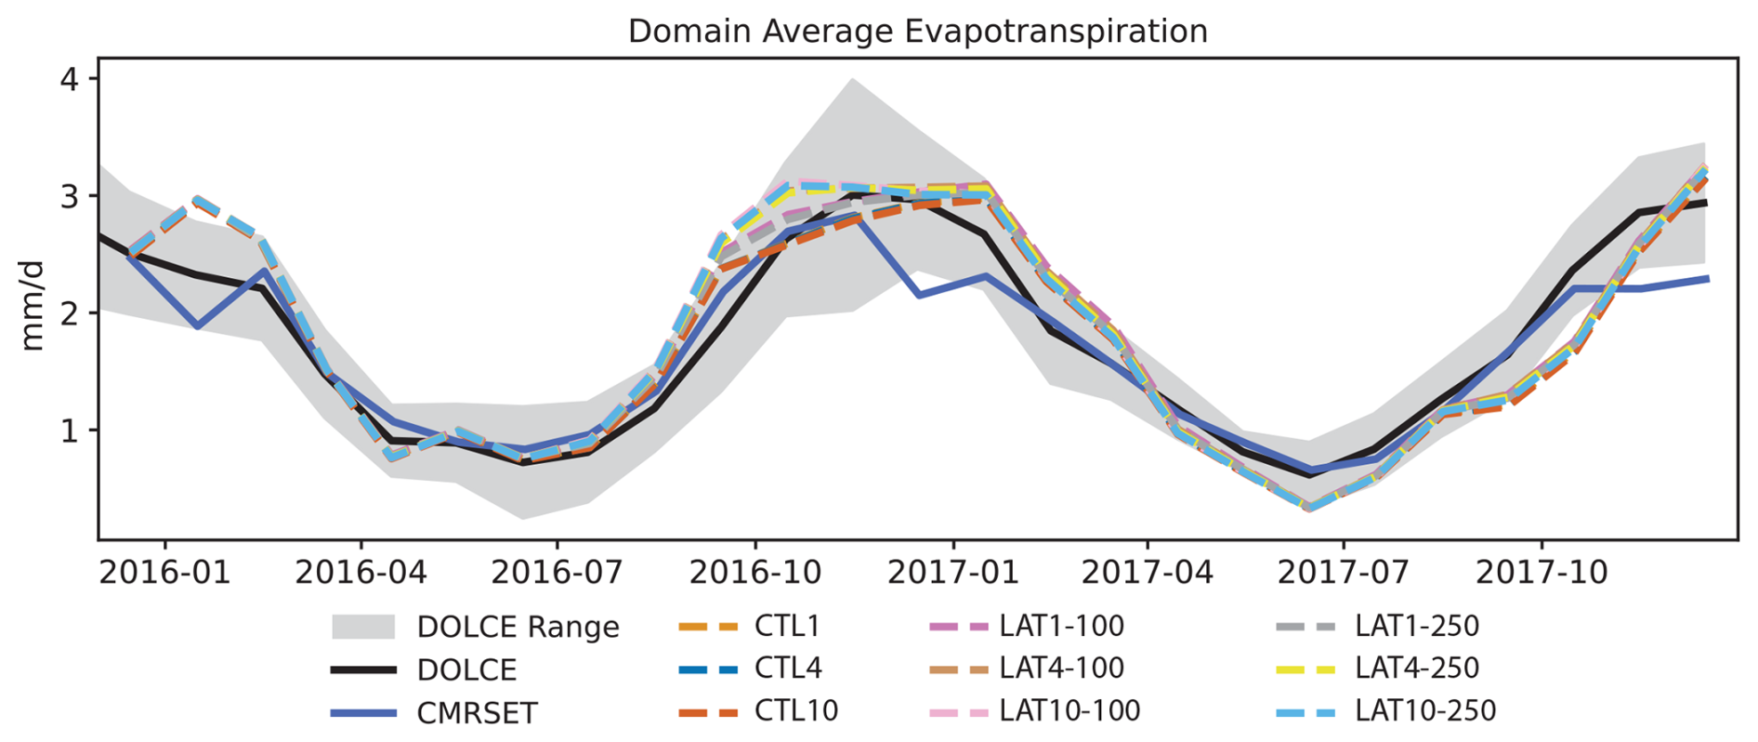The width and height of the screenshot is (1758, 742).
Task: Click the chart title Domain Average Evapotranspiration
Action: pos(917,32)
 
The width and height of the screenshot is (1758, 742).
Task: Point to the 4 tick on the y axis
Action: pos(70,79)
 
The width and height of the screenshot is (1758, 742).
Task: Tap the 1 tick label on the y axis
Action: pos(70,431)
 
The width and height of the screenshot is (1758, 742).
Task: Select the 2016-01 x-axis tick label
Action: pos(164,572)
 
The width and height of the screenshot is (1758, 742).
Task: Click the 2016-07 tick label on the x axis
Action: pos(557,572)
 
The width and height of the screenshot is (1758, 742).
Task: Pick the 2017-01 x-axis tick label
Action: pos(952,572)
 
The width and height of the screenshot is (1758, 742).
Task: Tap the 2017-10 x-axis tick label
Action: pos(1541,572)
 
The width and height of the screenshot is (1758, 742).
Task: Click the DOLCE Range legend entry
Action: pos(518,627)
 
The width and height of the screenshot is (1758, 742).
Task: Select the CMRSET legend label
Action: pos(477,713)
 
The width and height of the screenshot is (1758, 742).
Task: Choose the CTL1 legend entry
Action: pos(787,626)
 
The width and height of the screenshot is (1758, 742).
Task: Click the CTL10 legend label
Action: pos(795,711)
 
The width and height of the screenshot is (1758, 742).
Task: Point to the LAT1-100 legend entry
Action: pos(1061,626)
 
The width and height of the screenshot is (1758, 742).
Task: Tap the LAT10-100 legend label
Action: pos(1069,711)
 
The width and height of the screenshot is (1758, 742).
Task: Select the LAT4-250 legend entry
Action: pos(1416,669)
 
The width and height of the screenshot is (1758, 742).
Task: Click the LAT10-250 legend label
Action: pos(1424,711)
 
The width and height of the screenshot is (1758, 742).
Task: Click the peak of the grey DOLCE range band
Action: pos(852,80)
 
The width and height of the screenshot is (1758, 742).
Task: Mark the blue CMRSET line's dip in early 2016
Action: pos(197,326)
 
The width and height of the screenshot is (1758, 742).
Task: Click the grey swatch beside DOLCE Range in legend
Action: pos(363,627)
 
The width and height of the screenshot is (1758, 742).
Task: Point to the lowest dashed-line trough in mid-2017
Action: pos(1308,508)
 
